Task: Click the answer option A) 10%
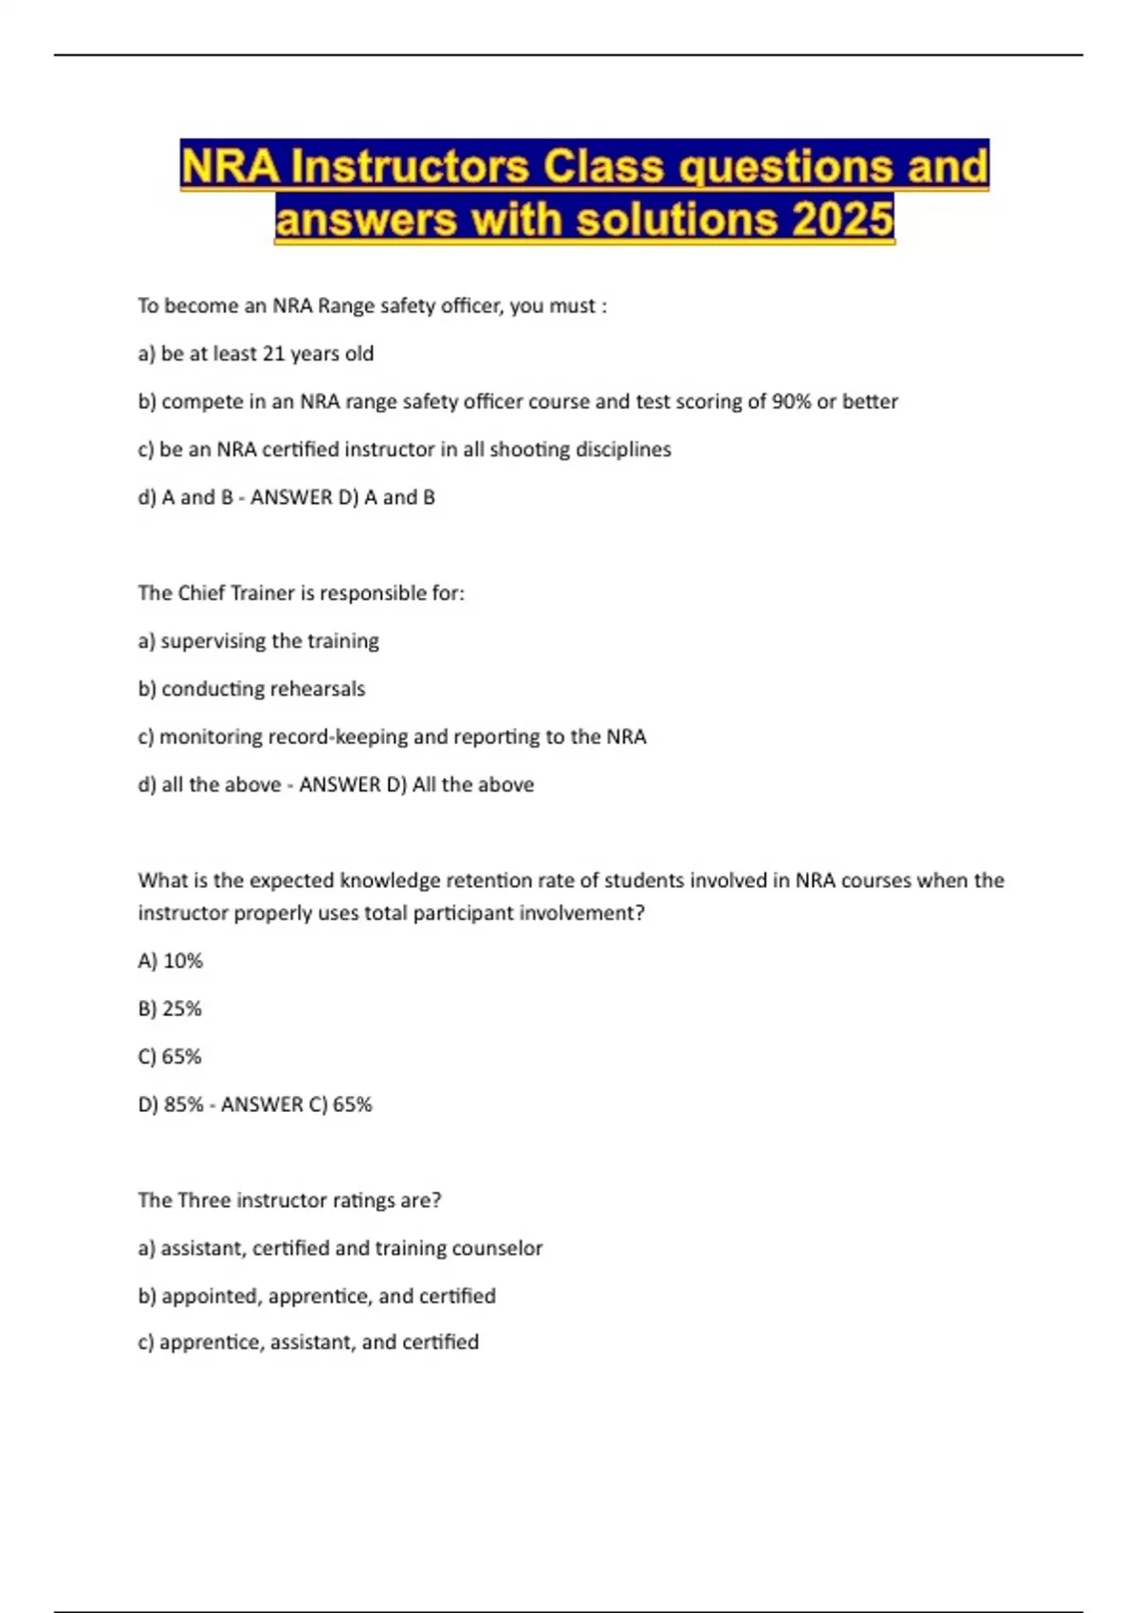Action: point(171,961)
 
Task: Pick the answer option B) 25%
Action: point(171,1009)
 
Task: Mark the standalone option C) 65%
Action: point(171,1057)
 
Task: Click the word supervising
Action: point(213,641)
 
